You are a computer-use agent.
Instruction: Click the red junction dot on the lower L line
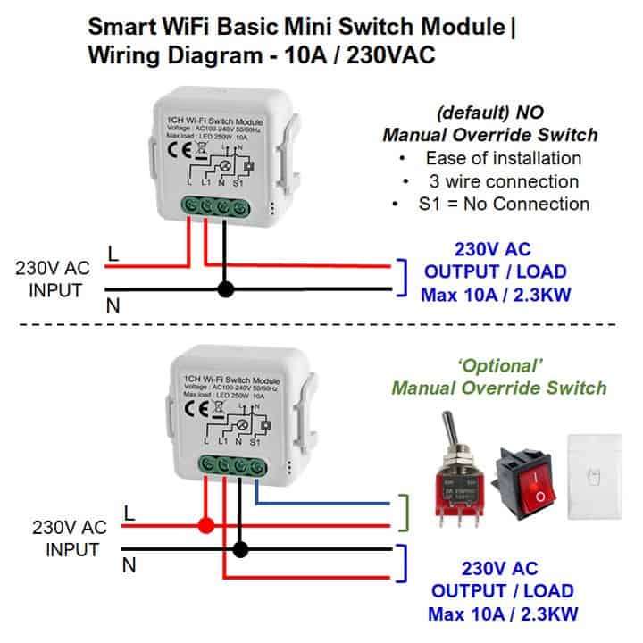[206, 526]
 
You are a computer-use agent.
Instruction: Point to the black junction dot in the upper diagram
[225, 289]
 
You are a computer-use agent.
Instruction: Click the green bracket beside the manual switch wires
[408, 514]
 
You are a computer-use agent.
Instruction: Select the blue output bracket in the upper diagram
[404, 277]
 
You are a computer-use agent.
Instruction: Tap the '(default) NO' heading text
[489, 113]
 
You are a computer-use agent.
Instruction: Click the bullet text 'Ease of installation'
[504, 158]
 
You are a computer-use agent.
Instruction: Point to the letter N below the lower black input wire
[128, 564]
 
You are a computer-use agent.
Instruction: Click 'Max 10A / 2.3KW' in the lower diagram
[502, 614]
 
